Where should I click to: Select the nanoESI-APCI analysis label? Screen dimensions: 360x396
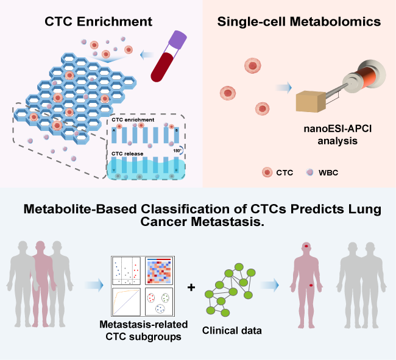pyautogui.click(x=329, y=134)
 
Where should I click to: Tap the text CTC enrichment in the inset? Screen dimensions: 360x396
pyautogui.click(x=133, y=121)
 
